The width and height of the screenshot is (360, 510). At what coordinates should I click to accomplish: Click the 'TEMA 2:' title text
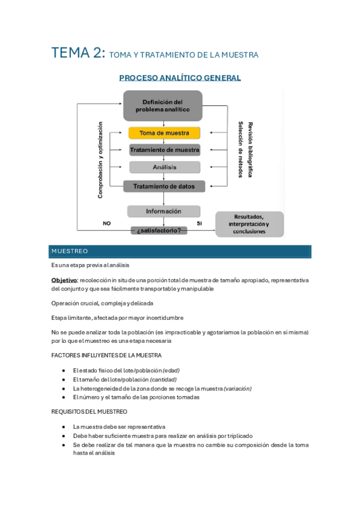pyautogui.click(x=78, y=53)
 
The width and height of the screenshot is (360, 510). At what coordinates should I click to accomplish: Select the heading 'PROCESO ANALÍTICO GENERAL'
pyautogui.click(x=180, y=78)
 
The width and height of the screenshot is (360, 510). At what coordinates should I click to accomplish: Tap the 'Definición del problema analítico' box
pyautogui.click(x=162, y=105)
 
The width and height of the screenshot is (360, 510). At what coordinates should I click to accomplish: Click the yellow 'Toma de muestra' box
pyautogui.click(x=164, y=133)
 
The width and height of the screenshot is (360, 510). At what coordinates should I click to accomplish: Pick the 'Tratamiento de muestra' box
pyautogui.click(x=164, y=150)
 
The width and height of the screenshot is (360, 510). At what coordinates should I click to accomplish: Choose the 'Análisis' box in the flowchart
pyautogui.click(x=164, y=167)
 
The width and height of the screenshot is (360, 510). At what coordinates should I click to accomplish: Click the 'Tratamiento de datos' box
pyautogui.click(x=164, y=186)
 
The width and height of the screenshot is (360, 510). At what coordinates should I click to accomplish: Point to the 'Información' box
pyautogui.click(x=163, y=211)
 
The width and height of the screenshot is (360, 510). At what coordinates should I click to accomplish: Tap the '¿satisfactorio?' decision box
pyautogui.click(x=159, y=230)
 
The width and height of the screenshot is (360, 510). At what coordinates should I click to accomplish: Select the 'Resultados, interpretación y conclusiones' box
pyautogui.click(x=249, y=224)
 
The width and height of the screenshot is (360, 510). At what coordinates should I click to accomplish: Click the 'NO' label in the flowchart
pyautogui.click(x=106, y=223)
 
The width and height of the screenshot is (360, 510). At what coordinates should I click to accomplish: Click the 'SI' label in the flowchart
pyautogui.click(x=199, y=223)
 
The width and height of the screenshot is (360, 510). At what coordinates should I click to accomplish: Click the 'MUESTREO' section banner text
pyautogui.click(x=70, y=251)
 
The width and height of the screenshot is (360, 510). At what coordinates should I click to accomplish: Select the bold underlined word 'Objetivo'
pyautogui.click(x=64, y=280)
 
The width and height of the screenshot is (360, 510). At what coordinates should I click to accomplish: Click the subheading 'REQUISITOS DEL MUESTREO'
pyautogui.click(x=90, y=411)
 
